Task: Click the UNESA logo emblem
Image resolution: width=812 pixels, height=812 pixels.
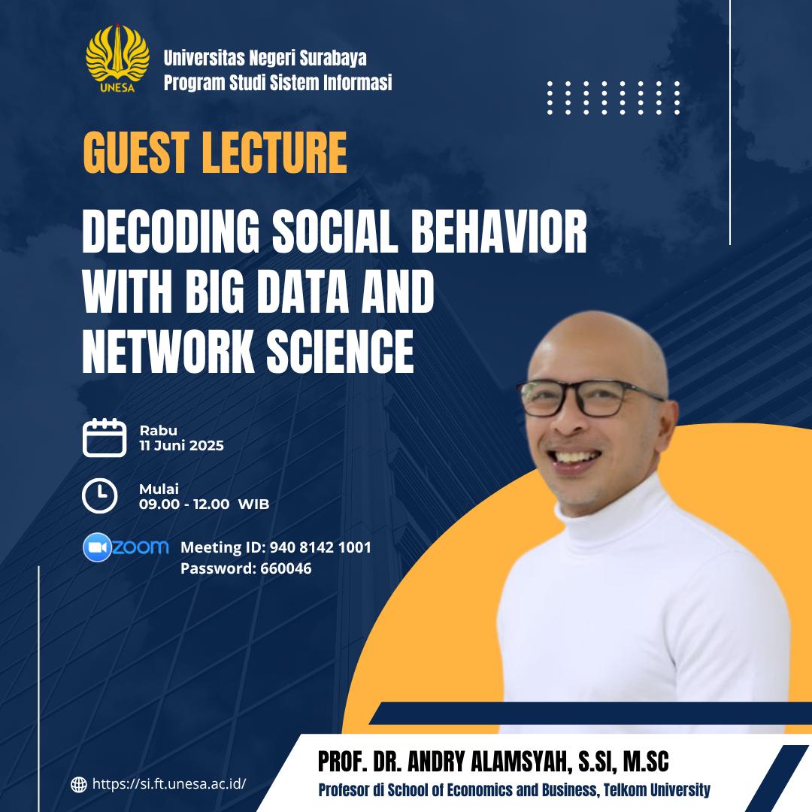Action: click(x=117, y=59)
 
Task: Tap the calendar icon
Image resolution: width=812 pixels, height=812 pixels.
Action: click(x=105, y=438)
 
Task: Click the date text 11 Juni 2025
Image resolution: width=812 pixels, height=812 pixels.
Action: click(x=182, y=446)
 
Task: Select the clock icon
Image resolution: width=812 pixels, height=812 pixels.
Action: click(x=100, y=496)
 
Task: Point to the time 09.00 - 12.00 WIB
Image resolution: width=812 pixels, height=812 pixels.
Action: click(x=204, y=504)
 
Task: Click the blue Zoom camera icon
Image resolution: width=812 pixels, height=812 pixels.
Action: click(x=97, y=547)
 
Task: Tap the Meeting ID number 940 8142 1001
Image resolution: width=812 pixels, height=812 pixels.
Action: click(x=320, y=547)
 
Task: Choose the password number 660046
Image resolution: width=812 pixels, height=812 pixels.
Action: click(x=286, y=568)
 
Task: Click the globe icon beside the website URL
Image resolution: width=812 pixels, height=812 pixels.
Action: click(x=79, y=784)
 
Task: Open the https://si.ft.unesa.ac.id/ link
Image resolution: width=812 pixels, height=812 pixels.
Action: click(x=169, y=784)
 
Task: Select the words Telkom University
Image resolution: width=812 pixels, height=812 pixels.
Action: click(x=656, y=790)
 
